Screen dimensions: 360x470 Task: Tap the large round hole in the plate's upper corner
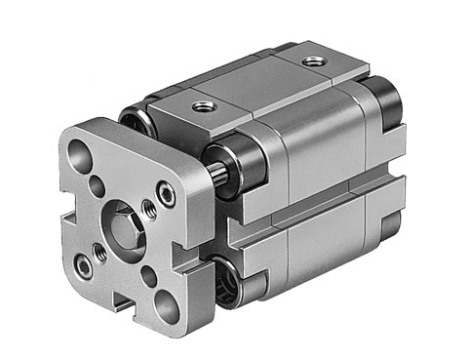[79, 153]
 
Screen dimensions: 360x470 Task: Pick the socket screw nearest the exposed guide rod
[166, 196]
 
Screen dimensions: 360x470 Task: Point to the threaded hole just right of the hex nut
[149, 208]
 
